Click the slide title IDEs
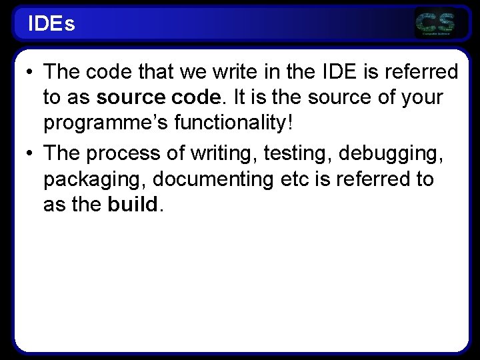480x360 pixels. coord(51,24)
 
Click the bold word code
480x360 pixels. coord(195,98)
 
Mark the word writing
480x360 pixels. coord(221,153)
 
